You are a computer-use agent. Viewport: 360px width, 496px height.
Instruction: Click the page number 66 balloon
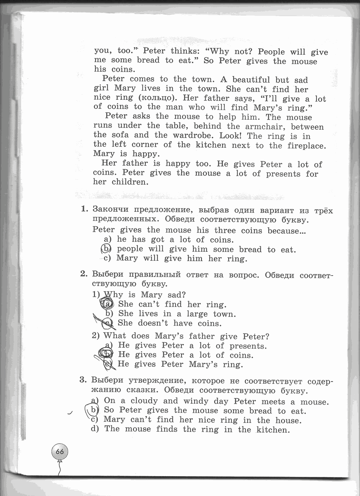tap(60, 451)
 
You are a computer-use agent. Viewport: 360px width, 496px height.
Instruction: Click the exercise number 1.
tap(84, 209)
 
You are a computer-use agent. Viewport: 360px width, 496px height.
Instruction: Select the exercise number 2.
tap(84, 274)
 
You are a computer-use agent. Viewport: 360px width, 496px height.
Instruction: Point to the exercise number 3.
tap(83, 380)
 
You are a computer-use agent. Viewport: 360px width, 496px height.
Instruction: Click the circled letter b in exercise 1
tap(105, 249)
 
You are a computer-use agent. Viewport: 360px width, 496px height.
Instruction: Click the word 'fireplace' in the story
tap(306, 146)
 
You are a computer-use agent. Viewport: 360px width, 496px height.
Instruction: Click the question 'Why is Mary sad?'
tap(144, 295)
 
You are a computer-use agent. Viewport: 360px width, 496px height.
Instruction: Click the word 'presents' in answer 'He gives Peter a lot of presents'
tap(248, 346)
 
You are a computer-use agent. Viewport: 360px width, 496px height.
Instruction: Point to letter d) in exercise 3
tap(95, 429)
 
